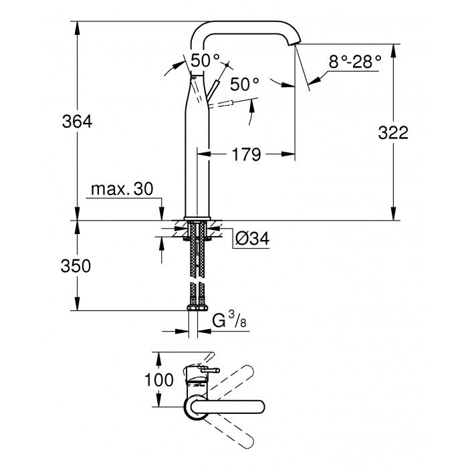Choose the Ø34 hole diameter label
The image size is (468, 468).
pyautogui.click(x=253, y=237)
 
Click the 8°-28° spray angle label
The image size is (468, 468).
pyautogui.click(x=354, y=62)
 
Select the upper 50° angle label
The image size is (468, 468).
pyautogui.click(x=205, y=60)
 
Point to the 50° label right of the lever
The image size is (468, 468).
pyautogui.click(x=244, y=84)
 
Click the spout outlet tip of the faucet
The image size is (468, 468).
pyautogui.click(x=293, y=42)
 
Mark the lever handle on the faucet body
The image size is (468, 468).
pyautogui.click(x=213, y=89)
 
